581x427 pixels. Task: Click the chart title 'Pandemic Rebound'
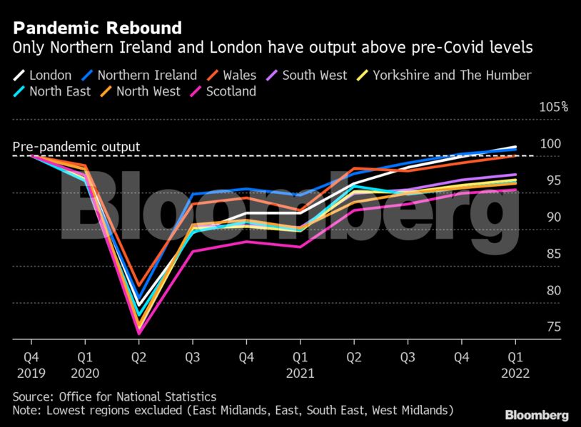point(97,29)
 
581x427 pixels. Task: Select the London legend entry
point(43,75)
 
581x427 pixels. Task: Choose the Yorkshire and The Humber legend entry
point(443,75)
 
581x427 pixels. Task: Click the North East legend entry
point(51,91)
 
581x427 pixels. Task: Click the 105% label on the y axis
point(553,107)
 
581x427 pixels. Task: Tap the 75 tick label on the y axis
point(553,328)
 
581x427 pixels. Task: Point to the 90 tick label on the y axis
point(553,217)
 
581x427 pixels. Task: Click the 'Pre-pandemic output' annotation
point(76,148)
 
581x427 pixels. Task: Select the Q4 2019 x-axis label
point(31,362)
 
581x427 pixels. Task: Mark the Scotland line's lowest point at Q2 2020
point(138,333)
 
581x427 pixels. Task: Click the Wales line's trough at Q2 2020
point(138,284)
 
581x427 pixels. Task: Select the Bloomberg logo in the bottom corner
point(536,415)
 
